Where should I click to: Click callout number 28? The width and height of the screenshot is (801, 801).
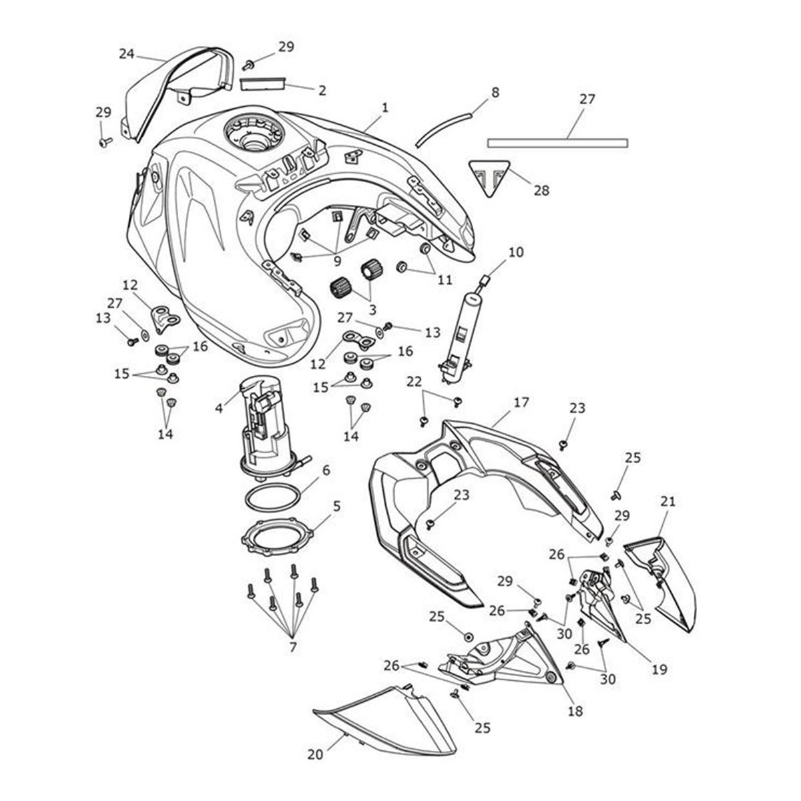pyautogui.click(x=541, y=191)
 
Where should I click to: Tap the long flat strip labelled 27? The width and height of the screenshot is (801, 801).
pyautogui.click(x=557, y=143)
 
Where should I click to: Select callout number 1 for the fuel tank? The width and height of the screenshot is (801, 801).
pyautogui.click(x=384, y=107)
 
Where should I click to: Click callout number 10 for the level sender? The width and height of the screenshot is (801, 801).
pyautogui.click(x=516, y=252)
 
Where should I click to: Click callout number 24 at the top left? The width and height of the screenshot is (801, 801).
pyautogui.click(x=127, y=53)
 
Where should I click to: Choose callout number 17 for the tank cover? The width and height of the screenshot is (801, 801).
pyautogui.click(x=521, y=403)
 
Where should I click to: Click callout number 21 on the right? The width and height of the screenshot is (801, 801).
pyautogui.click(x=668, y=501)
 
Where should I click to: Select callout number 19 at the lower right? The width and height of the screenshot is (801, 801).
pyautogui.click(x=659, y=670)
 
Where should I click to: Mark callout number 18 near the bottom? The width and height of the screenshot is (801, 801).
pyautogui.click(x=575, y=711)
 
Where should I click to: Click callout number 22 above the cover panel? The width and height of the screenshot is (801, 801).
pyautogui.click(x=414, y=381)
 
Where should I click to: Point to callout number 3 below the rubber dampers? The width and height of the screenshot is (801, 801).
pyautogui.click(x=372, y=309)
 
